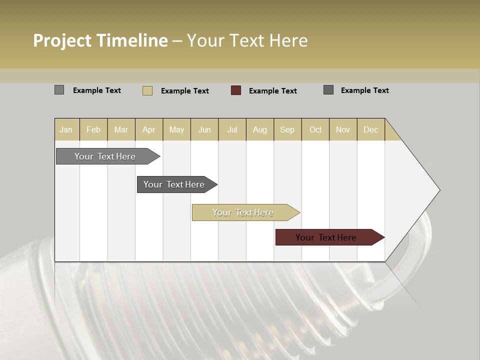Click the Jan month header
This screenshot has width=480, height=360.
click(x=66, y=129)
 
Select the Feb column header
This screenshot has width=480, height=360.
click(x=93, y=129)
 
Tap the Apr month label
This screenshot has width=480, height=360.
click(x=148, y=129)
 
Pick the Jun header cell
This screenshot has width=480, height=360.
click(x=204, y=129)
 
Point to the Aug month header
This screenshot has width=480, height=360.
click(x=259, y=129)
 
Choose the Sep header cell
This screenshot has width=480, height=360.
click(x=287, y=129)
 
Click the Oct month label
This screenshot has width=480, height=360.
click(x=315, y=129)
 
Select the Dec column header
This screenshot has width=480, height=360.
click(x=370, y=129)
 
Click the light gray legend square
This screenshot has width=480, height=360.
click(x=59, y=90)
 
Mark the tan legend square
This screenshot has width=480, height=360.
click(x=147, y=90)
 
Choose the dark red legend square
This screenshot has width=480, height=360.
click(x=236, y=90)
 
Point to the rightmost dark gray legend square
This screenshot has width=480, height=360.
click(x=328, y=90)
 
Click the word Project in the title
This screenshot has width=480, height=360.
click(x=62, y=40)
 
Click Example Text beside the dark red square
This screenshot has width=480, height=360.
click(x=272, y=91)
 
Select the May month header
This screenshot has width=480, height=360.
click(x=176, y=129)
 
